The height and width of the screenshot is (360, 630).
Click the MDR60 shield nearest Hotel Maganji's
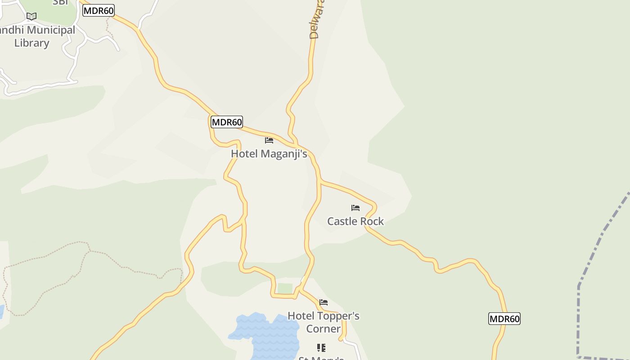(x=227, y=122)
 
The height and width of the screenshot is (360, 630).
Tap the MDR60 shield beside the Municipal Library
(x=99, y=10)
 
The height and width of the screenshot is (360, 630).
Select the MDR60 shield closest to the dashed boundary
(x=504, y=319)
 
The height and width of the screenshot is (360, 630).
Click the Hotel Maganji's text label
(x=269, y=154)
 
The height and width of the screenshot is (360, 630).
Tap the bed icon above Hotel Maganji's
(x=269, y=140)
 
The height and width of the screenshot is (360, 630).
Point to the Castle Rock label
(x=355, y=221)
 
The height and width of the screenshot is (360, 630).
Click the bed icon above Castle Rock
(x=355, y=208)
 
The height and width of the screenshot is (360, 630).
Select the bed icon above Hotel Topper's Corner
(x=324, y=302)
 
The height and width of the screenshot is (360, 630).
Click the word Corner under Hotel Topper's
(x=323, y=329)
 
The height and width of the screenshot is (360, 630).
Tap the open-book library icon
(x=31, y=17)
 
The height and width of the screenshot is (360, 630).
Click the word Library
(x=31, y=43)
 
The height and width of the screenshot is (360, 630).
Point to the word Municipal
(x=50, y=30)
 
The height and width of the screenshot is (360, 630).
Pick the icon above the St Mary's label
(x=321, y=347)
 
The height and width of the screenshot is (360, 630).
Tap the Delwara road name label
(x=315, y=20)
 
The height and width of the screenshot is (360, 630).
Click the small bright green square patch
(x=285, y=288)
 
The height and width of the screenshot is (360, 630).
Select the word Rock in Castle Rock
(x=371, y=221)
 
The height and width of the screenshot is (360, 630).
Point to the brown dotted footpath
(x=45, y=256)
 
